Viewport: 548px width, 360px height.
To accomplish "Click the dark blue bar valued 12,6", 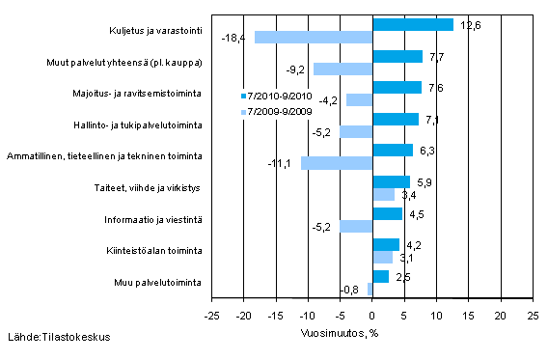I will coord(412,24).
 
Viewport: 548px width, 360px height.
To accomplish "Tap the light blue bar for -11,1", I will coord(336,163).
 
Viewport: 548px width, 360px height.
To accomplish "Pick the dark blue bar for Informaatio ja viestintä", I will coord(386,213).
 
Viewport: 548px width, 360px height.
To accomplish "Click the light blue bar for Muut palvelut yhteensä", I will coord(342,69).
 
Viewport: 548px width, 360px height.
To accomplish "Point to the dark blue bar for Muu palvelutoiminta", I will coord(380,276).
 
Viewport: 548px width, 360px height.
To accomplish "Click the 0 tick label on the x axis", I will coord(371,315).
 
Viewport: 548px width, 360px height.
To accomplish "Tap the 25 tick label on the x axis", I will coord(533,315).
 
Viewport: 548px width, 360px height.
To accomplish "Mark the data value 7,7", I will coord(437,56).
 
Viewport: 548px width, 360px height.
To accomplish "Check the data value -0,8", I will coord(353,290).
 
